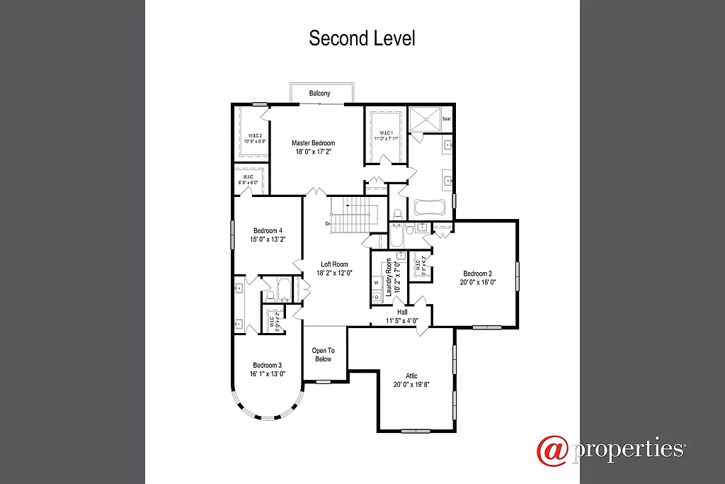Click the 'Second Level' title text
click(x=362, y=38)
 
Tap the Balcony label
click(x=319, y=94)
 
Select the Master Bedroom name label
click(x=313, y=143)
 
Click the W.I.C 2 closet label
click(x=254, y=135)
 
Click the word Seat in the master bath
click(x=446, y=119)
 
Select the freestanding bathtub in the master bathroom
click(x=430, y=208)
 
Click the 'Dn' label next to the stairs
click(x=329, y=224)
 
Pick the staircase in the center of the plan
click(x=352, y=215)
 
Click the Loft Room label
click(x=334, y=264)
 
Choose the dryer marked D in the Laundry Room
click(x=376, y=297)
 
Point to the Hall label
click(x=402, y=312)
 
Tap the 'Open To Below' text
click(x=323, y=354)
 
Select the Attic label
click(x=411, y=376)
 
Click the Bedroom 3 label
click(x=266, y=366)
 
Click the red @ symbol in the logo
click(x=552, y=451)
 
